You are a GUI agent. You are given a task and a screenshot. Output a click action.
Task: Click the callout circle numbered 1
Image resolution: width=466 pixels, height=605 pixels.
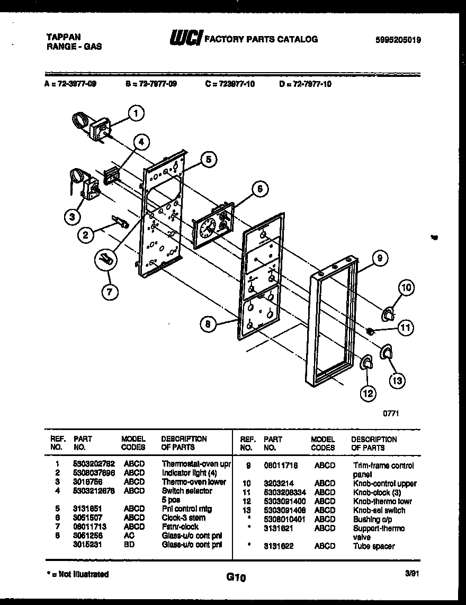(x=137, y=112)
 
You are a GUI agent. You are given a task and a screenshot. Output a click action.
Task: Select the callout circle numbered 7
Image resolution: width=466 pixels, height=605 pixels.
(x=110, y=291)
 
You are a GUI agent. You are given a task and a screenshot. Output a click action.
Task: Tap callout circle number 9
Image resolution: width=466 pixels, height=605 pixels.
(x=379, y=258)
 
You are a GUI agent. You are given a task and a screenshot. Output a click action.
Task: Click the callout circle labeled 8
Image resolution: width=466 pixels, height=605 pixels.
(x=210, y=324)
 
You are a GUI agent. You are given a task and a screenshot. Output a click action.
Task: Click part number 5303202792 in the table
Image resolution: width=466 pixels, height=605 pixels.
(x=94, y=463)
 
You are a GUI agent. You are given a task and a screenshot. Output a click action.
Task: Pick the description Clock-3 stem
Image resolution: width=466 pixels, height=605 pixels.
(x=183, y=518)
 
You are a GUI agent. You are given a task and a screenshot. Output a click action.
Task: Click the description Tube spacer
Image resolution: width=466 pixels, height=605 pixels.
(x=373, y=546)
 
